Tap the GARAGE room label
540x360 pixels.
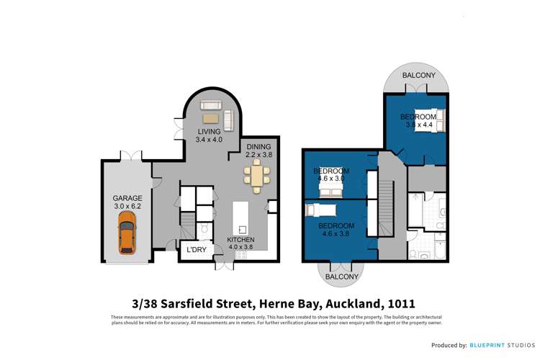tap(127, 197)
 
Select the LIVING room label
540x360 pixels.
tap(210, 131)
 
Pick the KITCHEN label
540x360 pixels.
tap(241, 239)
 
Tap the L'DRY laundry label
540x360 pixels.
tap(197, 250)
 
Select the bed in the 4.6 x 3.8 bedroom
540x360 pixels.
tap(327, 210)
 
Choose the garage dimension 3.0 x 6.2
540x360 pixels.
tap(127, 206)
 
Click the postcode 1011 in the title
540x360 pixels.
tap(400, 305)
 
